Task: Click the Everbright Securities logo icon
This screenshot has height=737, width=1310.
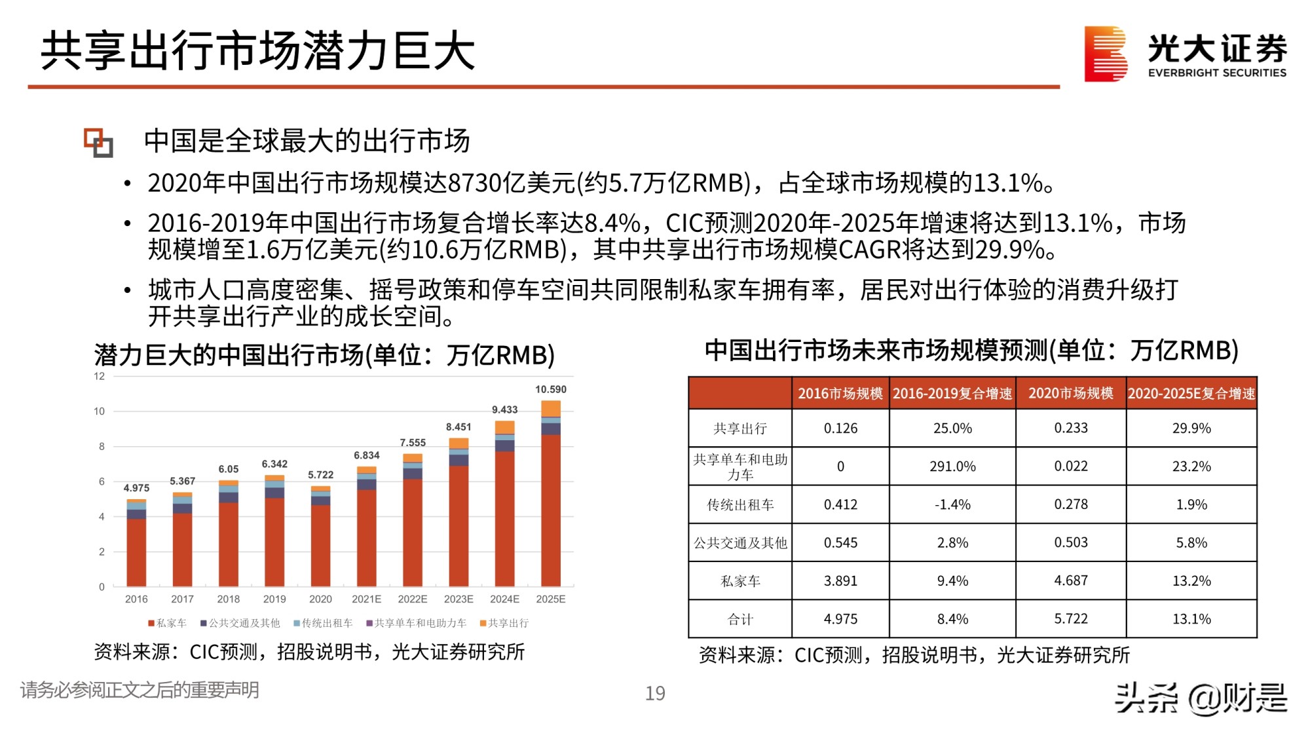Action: (1106, 54)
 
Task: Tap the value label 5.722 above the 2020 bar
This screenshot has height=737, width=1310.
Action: (320, 475)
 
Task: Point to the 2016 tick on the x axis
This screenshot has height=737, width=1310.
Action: (136, 599)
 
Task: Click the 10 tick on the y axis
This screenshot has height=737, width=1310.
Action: (99, 411)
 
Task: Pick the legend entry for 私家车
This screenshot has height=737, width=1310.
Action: (168, 623)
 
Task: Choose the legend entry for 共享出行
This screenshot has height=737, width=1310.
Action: (504, 623)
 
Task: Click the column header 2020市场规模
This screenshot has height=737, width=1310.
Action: (1070, 393)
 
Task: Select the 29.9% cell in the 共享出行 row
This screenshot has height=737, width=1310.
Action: (1191, 428)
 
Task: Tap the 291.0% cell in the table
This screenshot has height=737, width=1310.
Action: (952, 466)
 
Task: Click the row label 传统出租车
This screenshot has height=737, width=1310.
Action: (740, 504)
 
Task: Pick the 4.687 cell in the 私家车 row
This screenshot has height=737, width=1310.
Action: (1070, 580)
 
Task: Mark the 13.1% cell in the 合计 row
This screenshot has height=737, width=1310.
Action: (1191, 619)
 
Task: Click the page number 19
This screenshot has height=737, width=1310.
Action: (655, 693)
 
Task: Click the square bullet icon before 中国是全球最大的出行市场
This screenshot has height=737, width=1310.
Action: (98, 142)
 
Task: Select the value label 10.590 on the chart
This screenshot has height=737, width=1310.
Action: (550, 389)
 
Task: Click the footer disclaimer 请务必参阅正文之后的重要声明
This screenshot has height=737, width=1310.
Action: (140, 690)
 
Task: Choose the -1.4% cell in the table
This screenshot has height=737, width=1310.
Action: (952, 504)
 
